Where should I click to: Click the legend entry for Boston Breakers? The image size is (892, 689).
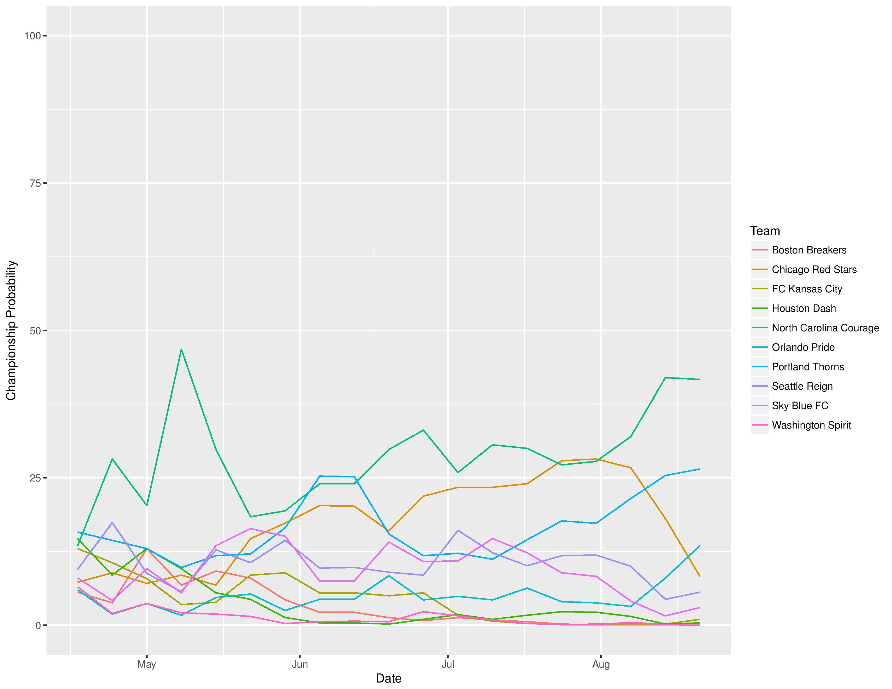coord(809,250)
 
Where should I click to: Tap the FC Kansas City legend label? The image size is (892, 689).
coord(807,289)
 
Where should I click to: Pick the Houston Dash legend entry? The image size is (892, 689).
coord(803,309)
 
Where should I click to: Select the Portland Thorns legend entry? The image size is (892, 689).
coord(807,367)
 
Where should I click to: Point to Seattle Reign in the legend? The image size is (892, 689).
coord(802,386)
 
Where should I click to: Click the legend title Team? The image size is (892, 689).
coord(765,231)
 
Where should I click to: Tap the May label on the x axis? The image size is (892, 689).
coord(147,664)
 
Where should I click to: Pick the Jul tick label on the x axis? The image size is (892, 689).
coord(448,664)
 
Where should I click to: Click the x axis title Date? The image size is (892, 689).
coord(388,678)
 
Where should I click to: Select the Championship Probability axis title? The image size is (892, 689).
coord(11,331)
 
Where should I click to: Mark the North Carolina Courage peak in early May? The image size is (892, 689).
coord(181,349)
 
